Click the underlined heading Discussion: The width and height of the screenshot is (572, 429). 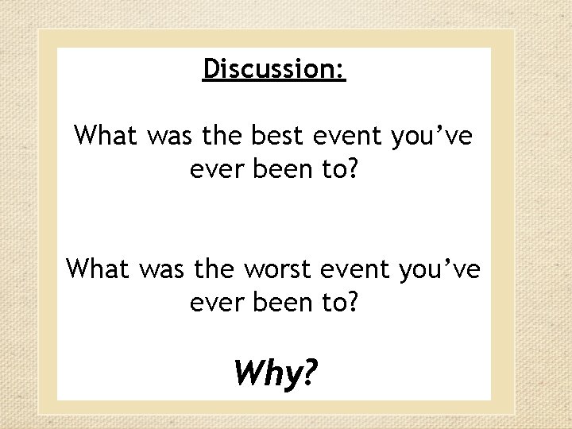pos(274,70)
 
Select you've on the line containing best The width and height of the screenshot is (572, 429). pos(433,136)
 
